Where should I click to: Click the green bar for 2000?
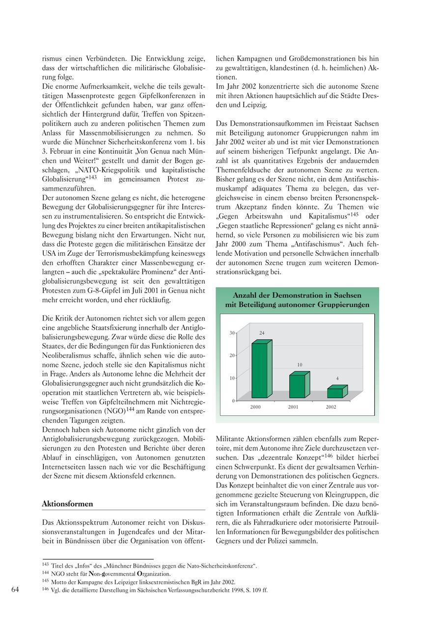point(260,370)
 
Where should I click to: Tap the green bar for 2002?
point(335,393)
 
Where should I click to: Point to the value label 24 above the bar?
point(262,333)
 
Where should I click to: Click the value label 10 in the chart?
point(300,365)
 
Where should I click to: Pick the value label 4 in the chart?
point(337,379)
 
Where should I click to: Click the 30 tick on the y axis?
point(232,333)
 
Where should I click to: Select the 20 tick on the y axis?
point(232,355)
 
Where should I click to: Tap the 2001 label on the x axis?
point(293,407)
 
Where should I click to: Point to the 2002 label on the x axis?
point(331,407)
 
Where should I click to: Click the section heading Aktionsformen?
point(67,504)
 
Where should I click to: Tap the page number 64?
point(15,590)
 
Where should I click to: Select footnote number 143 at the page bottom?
point(46,565)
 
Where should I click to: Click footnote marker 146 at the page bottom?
point(46,589)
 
